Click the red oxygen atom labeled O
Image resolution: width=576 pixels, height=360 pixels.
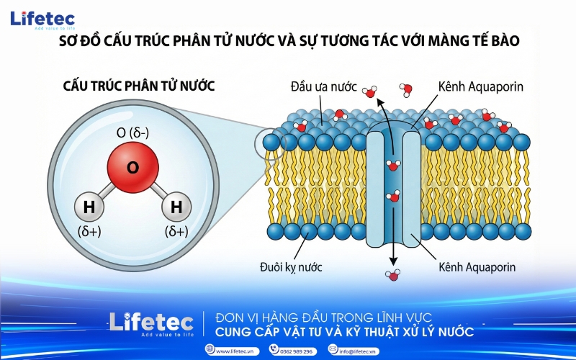coord(132,168)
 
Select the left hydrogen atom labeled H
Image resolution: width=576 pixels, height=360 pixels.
coord(89,207)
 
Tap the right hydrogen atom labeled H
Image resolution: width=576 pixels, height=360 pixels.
coord(176,207)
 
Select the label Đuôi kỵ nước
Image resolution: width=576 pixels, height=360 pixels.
coord(291,267)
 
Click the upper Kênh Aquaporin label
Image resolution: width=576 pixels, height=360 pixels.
coord(480,87)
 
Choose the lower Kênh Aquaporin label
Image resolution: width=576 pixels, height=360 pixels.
coord(481,267)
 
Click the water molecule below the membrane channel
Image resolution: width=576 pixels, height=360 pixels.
coord(392,274)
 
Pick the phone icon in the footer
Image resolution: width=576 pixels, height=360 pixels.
coord(274,349)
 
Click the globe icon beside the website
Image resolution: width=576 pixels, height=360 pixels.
coord(210,349)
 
